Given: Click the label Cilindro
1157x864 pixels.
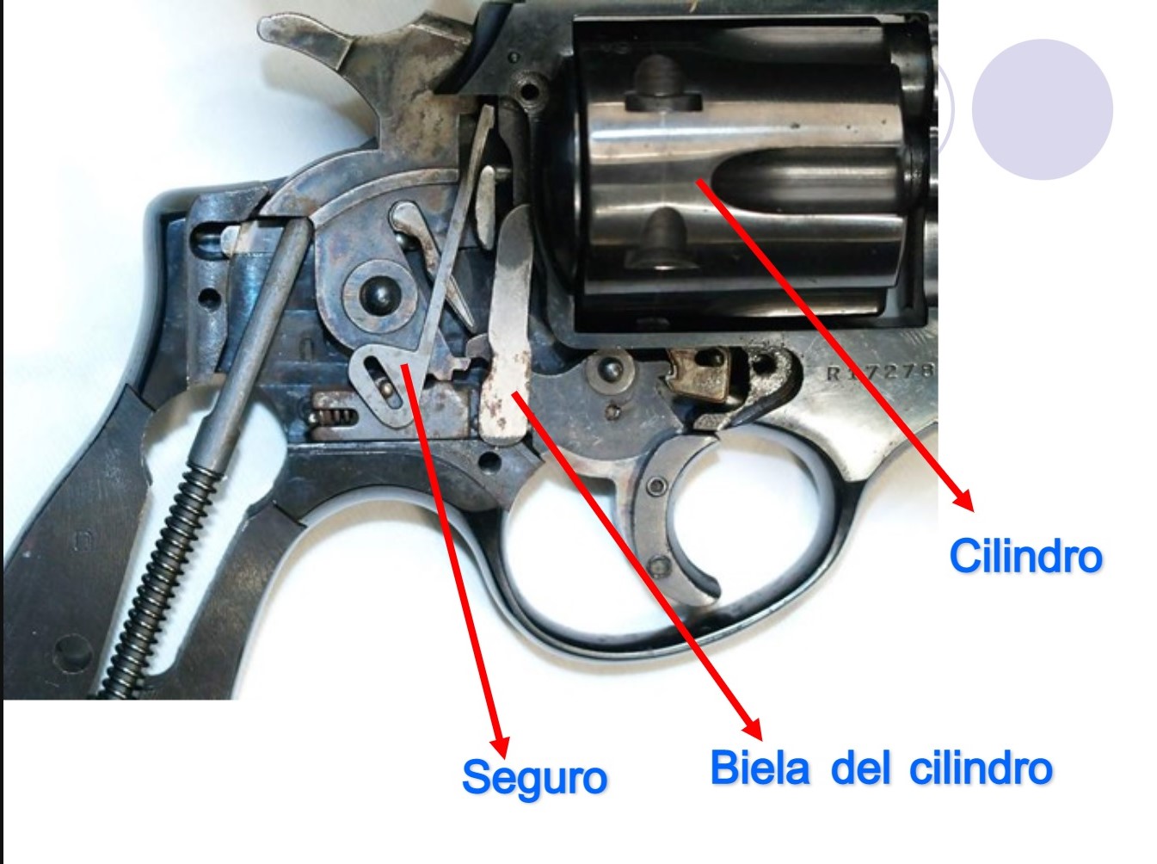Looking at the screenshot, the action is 1025,556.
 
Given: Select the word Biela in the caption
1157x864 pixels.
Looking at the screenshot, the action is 760,768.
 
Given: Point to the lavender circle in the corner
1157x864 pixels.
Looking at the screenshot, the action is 1042,109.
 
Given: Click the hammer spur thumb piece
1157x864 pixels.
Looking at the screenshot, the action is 305,40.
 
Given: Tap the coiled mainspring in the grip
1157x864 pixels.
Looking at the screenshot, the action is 158,580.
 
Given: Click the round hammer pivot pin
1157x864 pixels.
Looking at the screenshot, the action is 379,295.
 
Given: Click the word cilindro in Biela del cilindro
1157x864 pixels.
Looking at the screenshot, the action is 981,768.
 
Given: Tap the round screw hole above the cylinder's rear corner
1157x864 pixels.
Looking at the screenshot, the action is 530,93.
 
